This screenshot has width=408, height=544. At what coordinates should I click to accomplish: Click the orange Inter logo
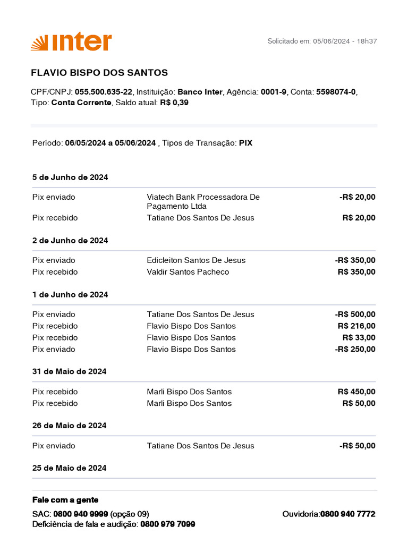pyautogui.click(x=71, y=42)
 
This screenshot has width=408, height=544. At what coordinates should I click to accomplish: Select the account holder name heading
pyautogui.click(x=99, y=73)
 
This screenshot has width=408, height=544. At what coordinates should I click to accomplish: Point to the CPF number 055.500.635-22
pyautogui.click(x=104, y=92)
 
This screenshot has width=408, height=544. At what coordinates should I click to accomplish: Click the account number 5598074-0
pyautogui.click(x=336, y=92)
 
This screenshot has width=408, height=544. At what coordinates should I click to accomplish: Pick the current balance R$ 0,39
pyautogui.click(x=174, y=103)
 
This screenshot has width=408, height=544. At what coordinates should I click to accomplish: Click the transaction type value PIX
pyautogui.click(x=245, y=143)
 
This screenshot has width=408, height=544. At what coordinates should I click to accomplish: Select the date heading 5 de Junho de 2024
pyautogui.click(x=70, y=177)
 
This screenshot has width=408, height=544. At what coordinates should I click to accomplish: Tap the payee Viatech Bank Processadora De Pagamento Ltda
pyautogui.click(x=203, y=201)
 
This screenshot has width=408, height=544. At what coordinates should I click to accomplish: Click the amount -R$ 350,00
pyautogui.click(x=355, y=260)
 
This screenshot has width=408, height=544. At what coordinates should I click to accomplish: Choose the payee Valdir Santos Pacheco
pyautogui.click(x=188, y=272)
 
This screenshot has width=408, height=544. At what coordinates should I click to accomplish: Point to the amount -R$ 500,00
pyautogui.click(x=355, y=314)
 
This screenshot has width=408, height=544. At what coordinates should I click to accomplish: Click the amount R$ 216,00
pyautogui.click(x=356, y=326)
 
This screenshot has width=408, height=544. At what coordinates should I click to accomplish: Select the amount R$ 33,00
pyautogui.click(x=359, y=338)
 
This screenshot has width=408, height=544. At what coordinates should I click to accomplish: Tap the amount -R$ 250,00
pyautogui.click(x=355, y=350)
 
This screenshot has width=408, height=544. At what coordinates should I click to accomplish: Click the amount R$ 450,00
pyautogui.click(x=356, y=392)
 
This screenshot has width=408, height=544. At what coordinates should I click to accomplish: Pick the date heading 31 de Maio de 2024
pyautogui.click(x=70, y=371)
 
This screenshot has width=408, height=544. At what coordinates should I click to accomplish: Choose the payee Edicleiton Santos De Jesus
pyautogui.click(x=196, y=260)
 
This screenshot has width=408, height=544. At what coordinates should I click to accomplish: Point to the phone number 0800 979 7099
pyautogui.click(x=168, y=524)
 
